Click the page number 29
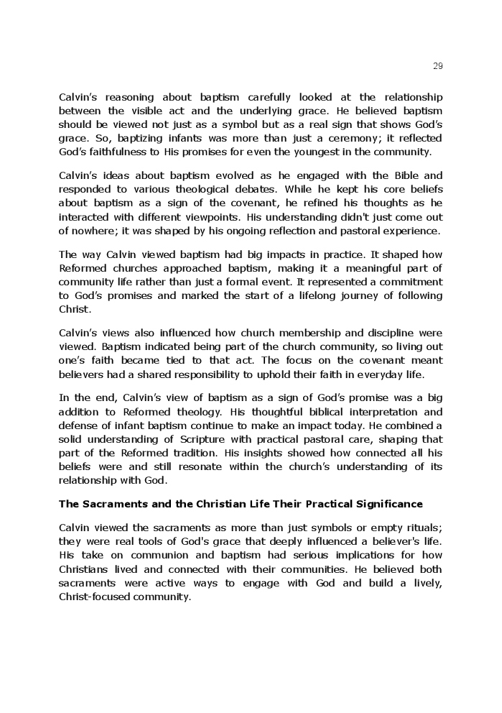(x=438, y=66)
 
